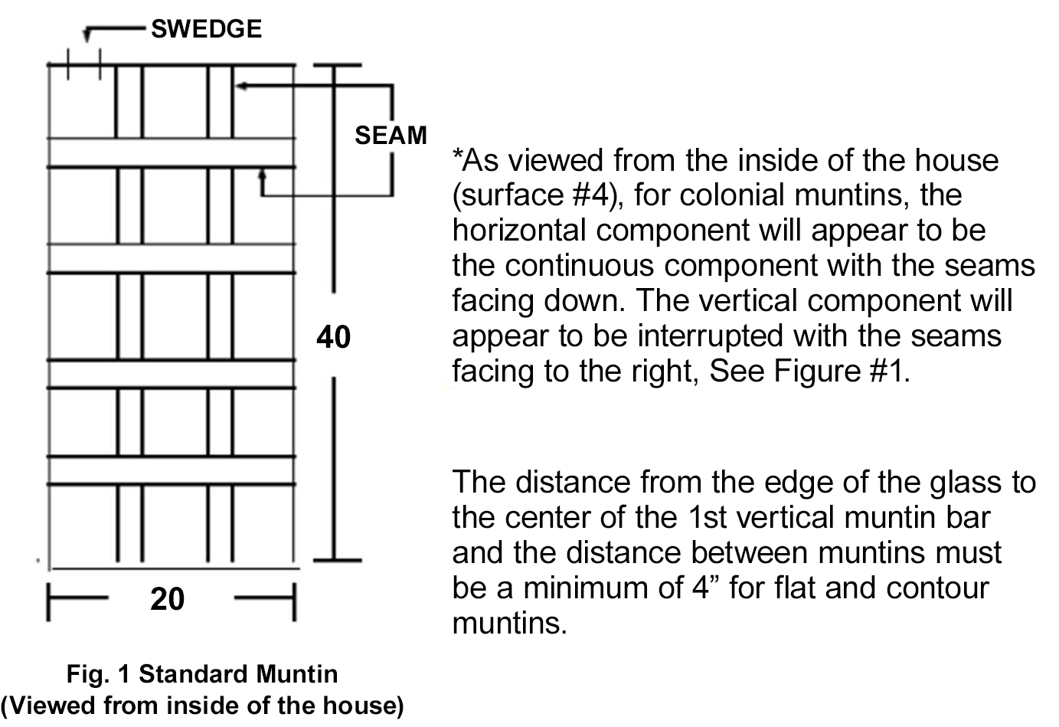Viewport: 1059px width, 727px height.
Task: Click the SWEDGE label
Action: (x=206, y=29)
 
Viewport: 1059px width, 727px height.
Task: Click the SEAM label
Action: (x=391, y=136)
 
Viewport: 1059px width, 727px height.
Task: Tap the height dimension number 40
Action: (x=333, y=337)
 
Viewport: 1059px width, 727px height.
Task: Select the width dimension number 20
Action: (x=167, y=599)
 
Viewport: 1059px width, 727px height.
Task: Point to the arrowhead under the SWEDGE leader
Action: (x=87, y=35)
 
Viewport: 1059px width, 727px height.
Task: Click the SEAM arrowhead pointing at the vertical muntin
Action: (x=241, y=86)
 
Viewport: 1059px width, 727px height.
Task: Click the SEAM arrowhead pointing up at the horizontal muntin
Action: (x=262, y=175)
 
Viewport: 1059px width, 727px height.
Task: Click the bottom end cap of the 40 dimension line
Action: (x=338, y=560)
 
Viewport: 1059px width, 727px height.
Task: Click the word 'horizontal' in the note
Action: (x=519, y=230)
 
